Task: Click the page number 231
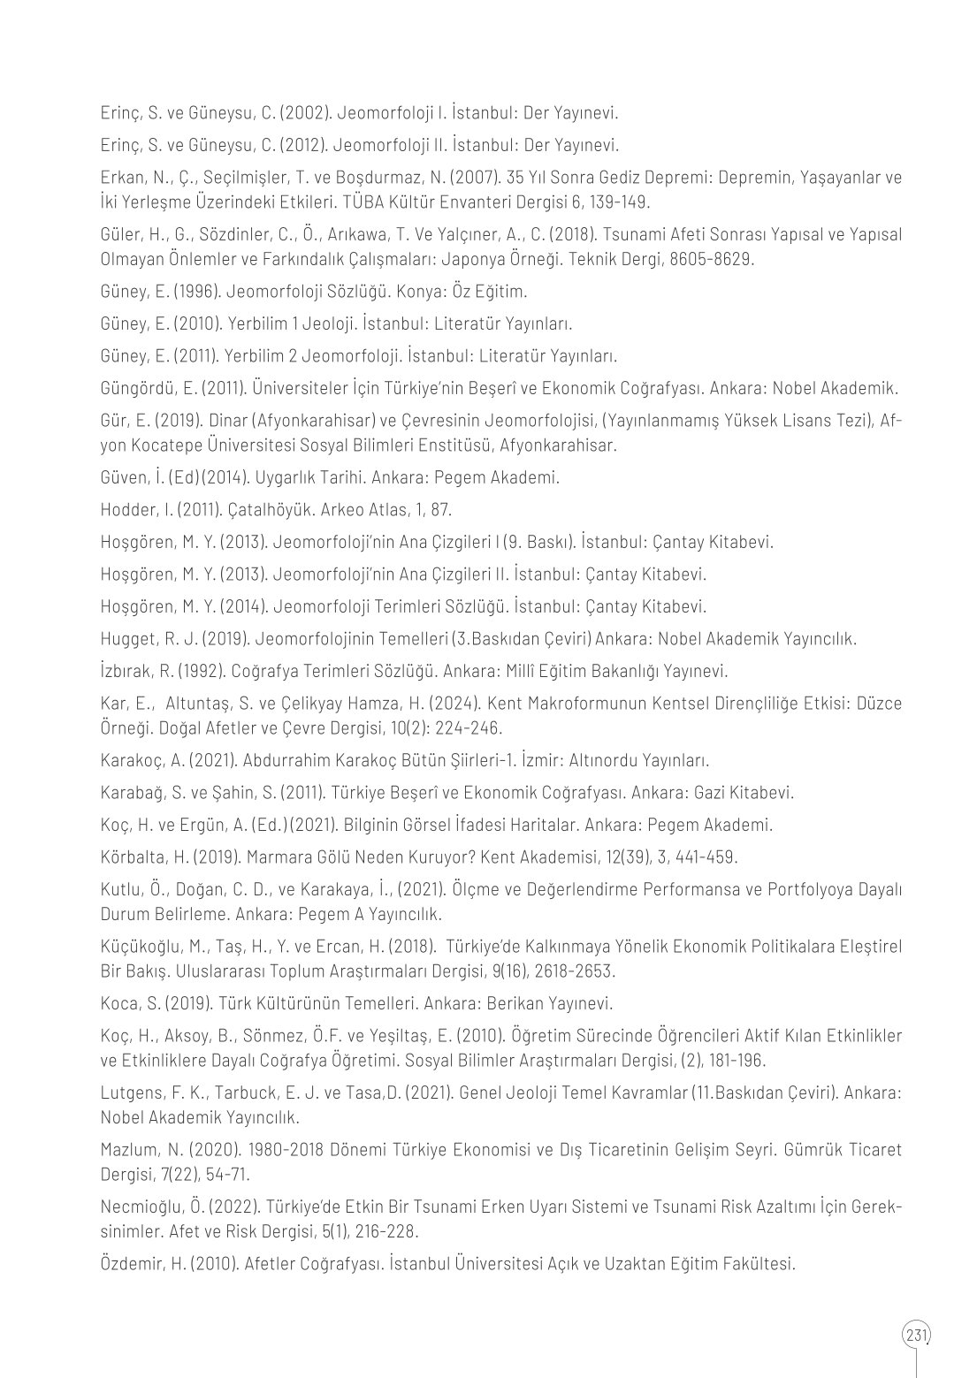[917, 1334]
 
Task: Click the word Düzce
[880, 704]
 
